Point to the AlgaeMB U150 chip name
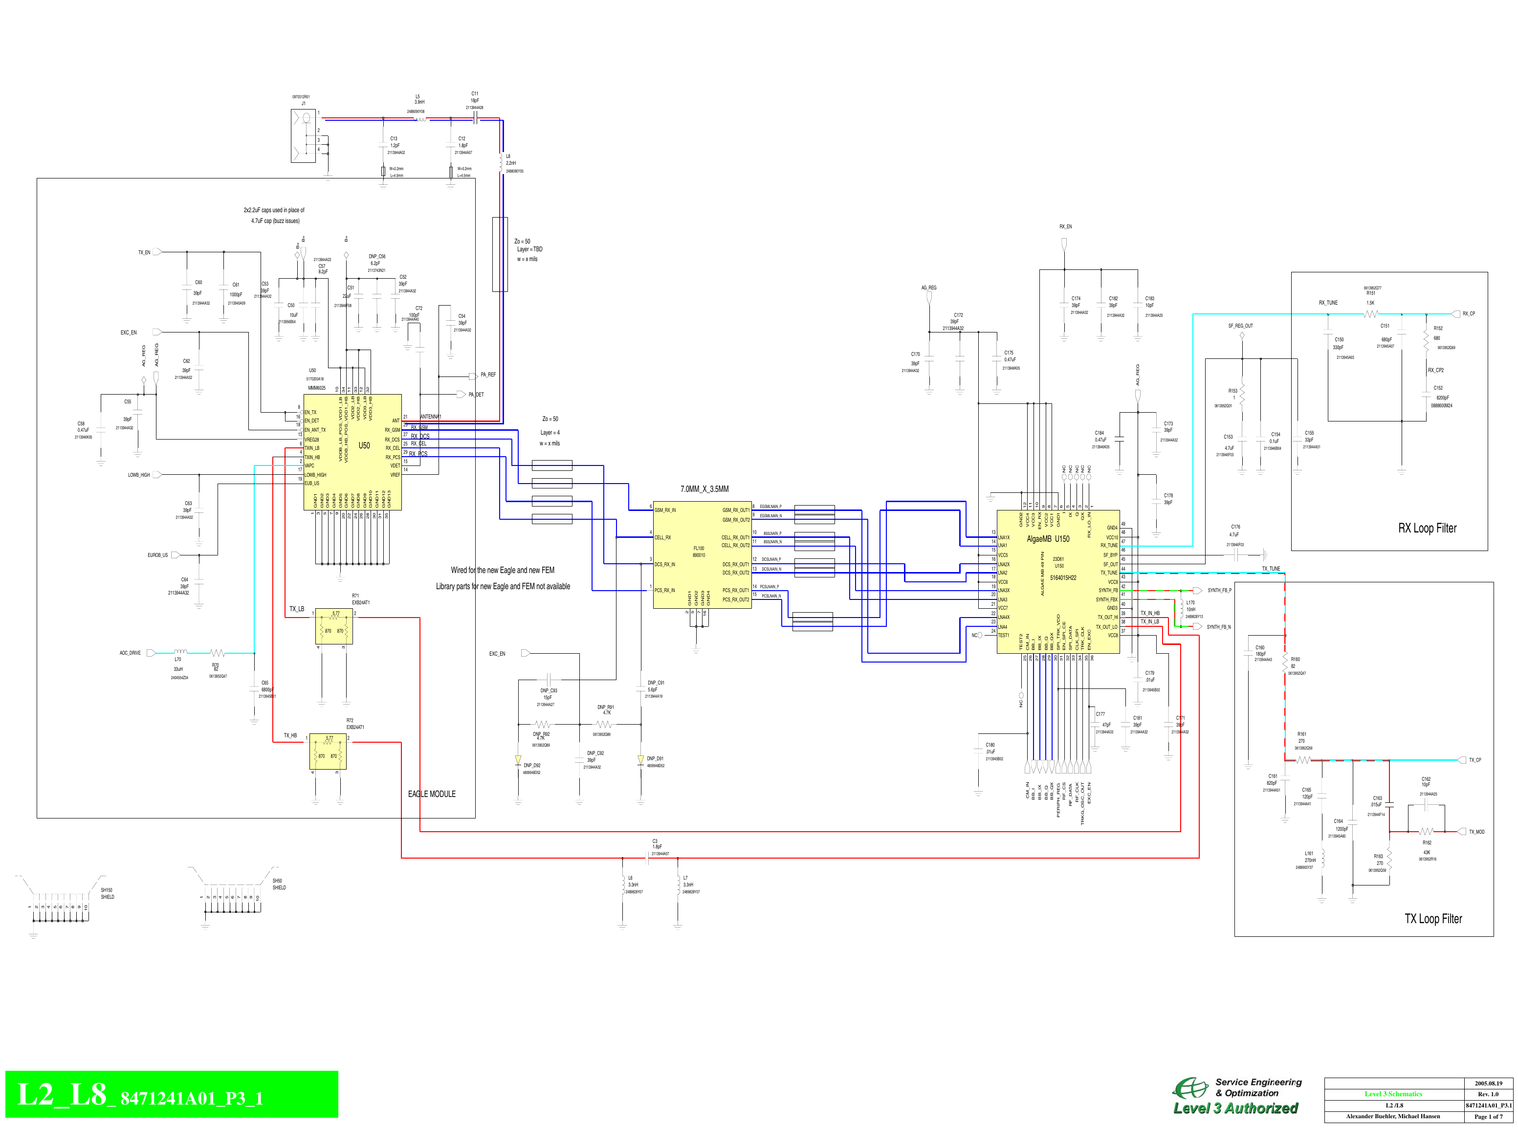(x=1048, y=539)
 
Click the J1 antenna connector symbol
(x=304, y=135)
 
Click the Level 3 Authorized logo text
(x=1235, y=1108)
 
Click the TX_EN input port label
(x=144, y=253)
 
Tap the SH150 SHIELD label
(x=107, y=893)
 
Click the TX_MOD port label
(x=1476, y=832)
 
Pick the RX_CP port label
(x=1468, y=314)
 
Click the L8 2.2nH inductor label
(x=510, y=160)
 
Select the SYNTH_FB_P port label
(x=1219, y=590)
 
